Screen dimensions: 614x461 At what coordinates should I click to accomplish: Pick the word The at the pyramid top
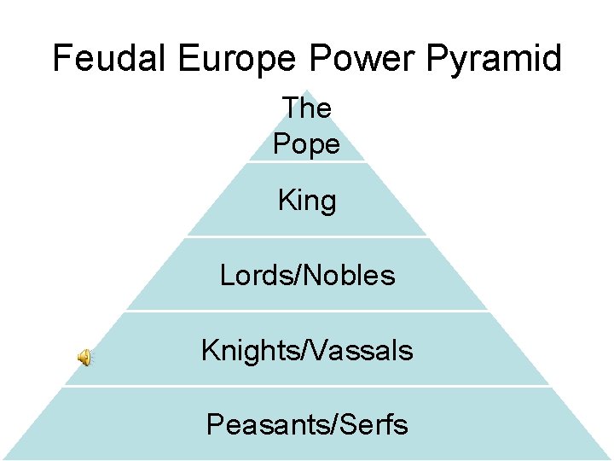tap(307, 108)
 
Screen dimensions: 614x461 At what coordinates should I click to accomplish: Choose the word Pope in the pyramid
tap(307, 144)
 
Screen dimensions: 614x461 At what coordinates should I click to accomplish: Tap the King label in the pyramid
tap(307, 201)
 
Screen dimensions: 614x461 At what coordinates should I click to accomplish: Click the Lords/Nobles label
tap(307, 275)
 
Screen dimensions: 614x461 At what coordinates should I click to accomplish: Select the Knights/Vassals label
tap(307, 350)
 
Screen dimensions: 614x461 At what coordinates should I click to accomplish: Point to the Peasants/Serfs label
tap(307, 424)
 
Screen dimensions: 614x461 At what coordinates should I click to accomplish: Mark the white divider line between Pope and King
tap(307, 161)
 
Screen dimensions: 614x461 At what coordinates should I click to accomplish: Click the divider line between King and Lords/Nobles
tap(307, 236)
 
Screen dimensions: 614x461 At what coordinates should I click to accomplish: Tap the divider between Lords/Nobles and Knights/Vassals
tap(307, 311)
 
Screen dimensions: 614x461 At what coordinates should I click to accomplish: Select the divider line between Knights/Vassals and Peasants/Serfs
tap(307, 386)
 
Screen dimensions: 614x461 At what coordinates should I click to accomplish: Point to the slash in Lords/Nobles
tap(297, 275)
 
